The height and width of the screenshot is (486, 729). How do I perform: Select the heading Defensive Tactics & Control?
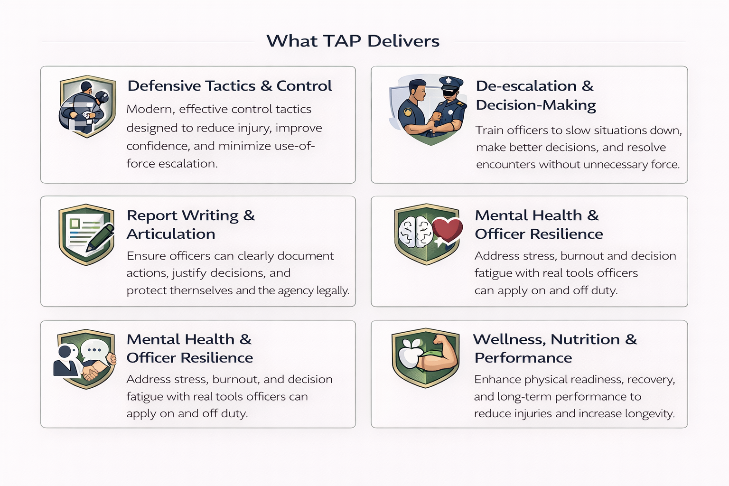click(230, 86)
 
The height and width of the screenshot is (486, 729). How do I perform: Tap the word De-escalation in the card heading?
click(526, 86)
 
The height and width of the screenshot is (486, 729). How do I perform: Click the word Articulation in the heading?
click(171, 234)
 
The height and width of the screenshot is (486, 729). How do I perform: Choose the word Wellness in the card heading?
click(509, 340)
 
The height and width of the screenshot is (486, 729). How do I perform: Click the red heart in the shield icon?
click(448, 230)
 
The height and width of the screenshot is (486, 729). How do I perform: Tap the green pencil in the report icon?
click(100, 238)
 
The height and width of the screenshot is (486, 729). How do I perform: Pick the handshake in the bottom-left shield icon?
click(94, 369)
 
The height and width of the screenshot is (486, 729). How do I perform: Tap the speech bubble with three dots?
click(94, 350)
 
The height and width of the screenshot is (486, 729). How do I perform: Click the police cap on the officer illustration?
click(451, 83)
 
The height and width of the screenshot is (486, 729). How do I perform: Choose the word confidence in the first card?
click(158, 146)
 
